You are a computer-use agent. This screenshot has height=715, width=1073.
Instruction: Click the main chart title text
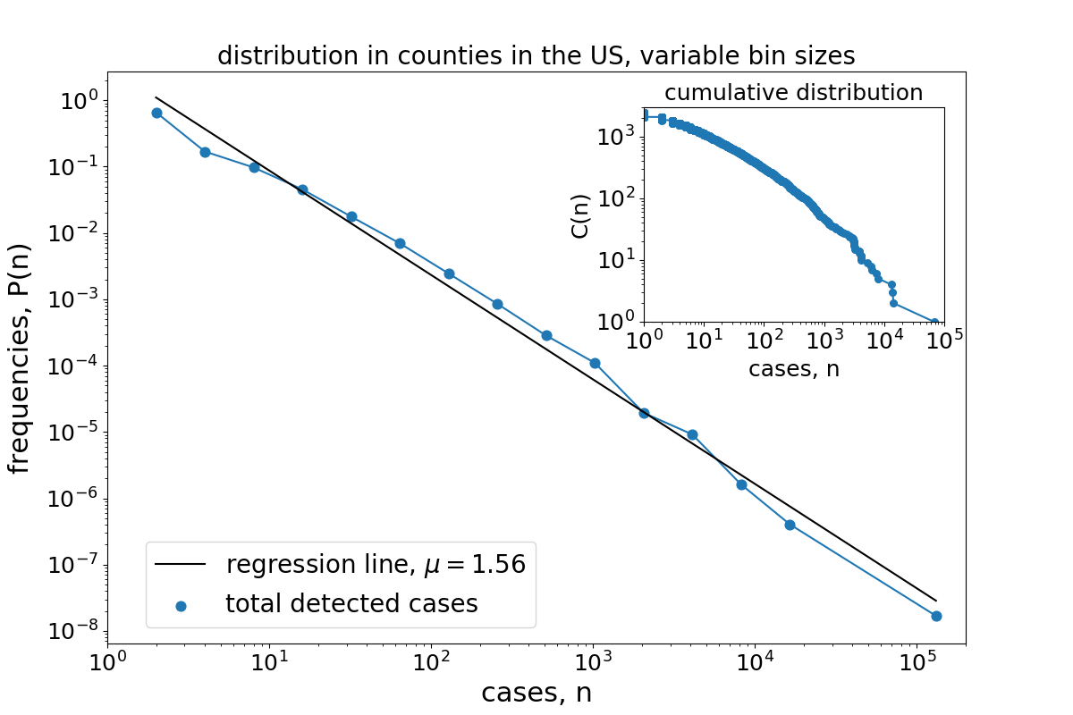pos(536,56)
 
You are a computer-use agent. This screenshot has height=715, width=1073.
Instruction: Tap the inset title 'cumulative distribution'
pos(793,93)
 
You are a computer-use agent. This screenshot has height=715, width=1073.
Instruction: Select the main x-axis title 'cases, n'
pos(536,693)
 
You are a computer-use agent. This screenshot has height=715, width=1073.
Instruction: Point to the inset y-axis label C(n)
pos(580,214)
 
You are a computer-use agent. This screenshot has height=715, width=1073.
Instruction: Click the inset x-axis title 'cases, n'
pos(793,368)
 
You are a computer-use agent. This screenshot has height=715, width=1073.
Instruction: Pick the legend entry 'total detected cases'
pos(351,604)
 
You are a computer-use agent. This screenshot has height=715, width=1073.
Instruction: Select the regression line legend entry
pos(375,565)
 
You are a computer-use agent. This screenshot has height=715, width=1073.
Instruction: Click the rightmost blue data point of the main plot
pos(936,616)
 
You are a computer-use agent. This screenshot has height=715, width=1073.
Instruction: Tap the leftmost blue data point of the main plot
pos(156,113)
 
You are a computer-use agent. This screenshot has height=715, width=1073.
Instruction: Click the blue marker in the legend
pos(181,606)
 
